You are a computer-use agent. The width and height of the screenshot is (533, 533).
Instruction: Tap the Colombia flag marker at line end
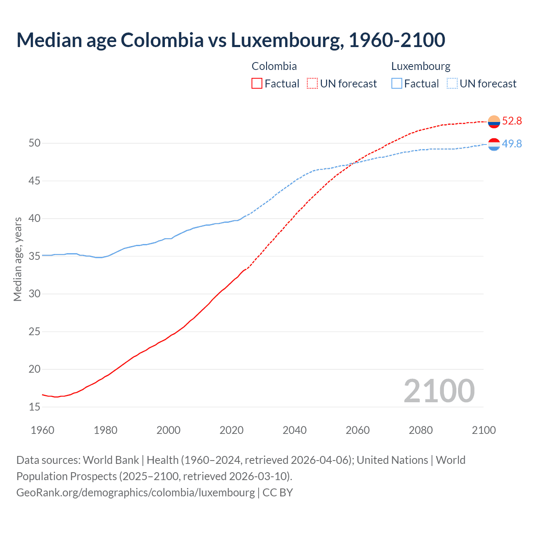494,122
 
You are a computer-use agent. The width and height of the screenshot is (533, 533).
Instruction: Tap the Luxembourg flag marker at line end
494,144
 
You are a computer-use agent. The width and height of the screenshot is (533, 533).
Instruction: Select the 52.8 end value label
512,121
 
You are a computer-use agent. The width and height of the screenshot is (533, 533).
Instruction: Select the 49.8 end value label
512,144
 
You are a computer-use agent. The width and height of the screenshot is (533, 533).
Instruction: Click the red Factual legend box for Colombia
257,84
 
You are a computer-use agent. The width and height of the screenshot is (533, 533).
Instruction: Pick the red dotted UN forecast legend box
312,84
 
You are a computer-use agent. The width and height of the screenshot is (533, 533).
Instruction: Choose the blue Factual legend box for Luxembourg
396,84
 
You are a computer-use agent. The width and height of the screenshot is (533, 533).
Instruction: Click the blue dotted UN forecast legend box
452,84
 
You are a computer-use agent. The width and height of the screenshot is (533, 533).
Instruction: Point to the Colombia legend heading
274,66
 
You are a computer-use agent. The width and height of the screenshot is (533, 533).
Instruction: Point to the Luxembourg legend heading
421,66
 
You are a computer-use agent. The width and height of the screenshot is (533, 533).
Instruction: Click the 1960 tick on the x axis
42,430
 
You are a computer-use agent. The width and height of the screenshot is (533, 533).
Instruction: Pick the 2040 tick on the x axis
294,430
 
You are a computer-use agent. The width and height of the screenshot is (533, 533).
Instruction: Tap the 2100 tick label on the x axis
483,430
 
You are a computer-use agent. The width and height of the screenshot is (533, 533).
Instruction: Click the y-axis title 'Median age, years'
17,259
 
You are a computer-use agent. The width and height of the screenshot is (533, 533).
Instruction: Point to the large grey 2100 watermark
439,391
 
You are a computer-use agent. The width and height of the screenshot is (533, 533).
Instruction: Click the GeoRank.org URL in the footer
135,493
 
